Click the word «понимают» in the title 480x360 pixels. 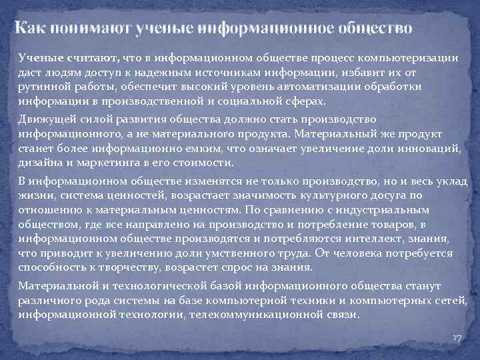pos(83,29)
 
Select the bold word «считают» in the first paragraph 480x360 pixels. pos(95,59)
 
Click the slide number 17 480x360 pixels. pos(456,339)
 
